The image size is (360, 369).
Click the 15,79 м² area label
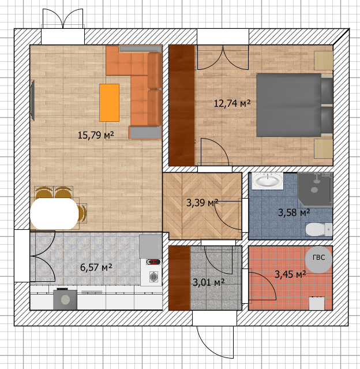coord(96,135)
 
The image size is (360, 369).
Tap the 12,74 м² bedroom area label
coord(232,103)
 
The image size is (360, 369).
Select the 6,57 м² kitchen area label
coord(96,267)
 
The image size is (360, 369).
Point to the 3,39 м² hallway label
coord(202,203)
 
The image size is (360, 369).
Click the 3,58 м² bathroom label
coord(294,213)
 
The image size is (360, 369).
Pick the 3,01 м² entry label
coord(209,282)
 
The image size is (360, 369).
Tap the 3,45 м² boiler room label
coord(290,274)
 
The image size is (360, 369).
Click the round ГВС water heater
coord(318,260)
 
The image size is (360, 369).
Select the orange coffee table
coord(110,103)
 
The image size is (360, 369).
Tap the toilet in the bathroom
coord(319,229)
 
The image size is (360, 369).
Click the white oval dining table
coord(54,214)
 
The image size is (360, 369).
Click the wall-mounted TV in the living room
coord(32,100)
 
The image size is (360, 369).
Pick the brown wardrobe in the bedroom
coord(182,105)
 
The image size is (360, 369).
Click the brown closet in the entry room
coord(179,278)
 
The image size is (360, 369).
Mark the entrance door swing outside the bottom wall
coord(215,342)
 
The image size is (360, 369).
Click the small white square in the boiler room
coord(317,303)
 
